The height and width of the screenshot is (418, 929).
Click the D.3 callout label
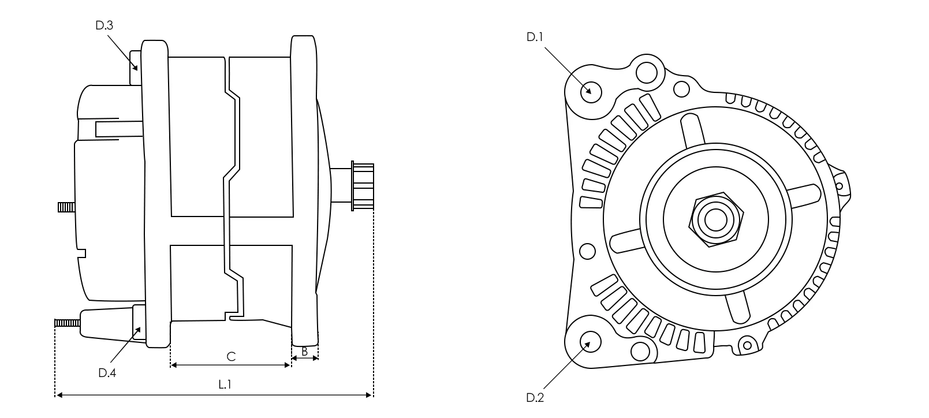click(x=104, y=26)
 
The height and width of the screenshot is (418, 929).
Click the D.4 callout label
click(x=107, y=373)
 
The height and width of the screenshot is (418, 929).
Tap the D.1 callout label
click(x=535, y=38)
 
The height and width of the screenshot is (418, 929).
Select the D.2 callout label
click(x=535, y=398)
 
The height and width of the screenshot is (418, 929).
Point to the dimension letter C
click(x=231, y=357)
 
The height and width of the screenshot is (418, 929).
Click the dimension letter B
click(x=304, y=352)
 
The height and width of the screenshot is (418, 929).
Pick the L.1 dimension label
click(x=225, y=385)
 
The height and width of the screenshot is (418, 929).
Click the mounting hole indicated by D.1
click(x=591, y=92)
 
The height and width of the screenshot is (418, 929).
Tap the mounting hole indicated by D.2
click(x=591, y=342)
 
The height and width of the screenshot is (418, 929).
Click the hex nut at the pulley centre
click(x=716, y=219)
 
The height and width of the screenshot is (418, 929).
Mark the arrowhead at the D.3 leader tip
click(x=135, y=68)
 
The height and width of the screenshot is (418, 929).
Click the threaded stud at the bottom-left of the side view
click(x=67, y=323)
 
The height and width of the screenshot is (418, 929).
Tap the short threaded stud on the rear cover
click(x=66, y=207)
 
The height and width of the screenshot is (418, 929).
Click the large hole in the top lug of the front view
click(x=647, y=73)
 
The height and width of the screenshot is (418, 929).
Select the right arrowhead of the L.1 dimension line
click(x=368, y=395)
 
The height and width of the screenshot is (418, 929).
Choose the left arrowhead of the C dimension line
click(x=174, y=365)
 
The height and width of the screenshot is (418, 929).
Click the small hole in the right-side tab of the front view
click(x=839, y=186)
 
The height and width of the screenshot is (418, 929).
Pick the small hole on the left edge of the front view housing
click(x=587, y=251)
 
